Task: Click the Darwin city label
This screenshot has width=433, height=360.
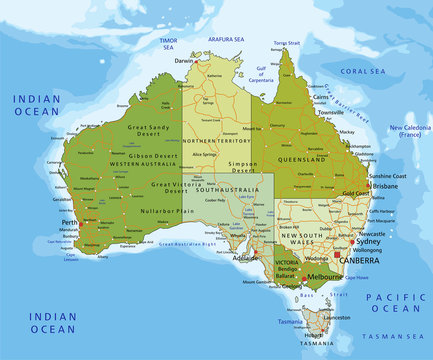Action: coord(184,60)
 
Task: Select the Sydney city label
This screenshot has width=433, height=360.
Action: coord(368,241)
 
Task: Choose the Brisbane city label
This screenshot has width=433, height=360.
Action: coord(384,186)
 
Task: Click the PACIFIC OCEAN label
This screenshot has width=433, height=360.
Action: coord(395,303)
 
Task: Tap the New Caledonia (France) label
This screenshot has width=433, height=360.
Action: coord(409,131)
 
